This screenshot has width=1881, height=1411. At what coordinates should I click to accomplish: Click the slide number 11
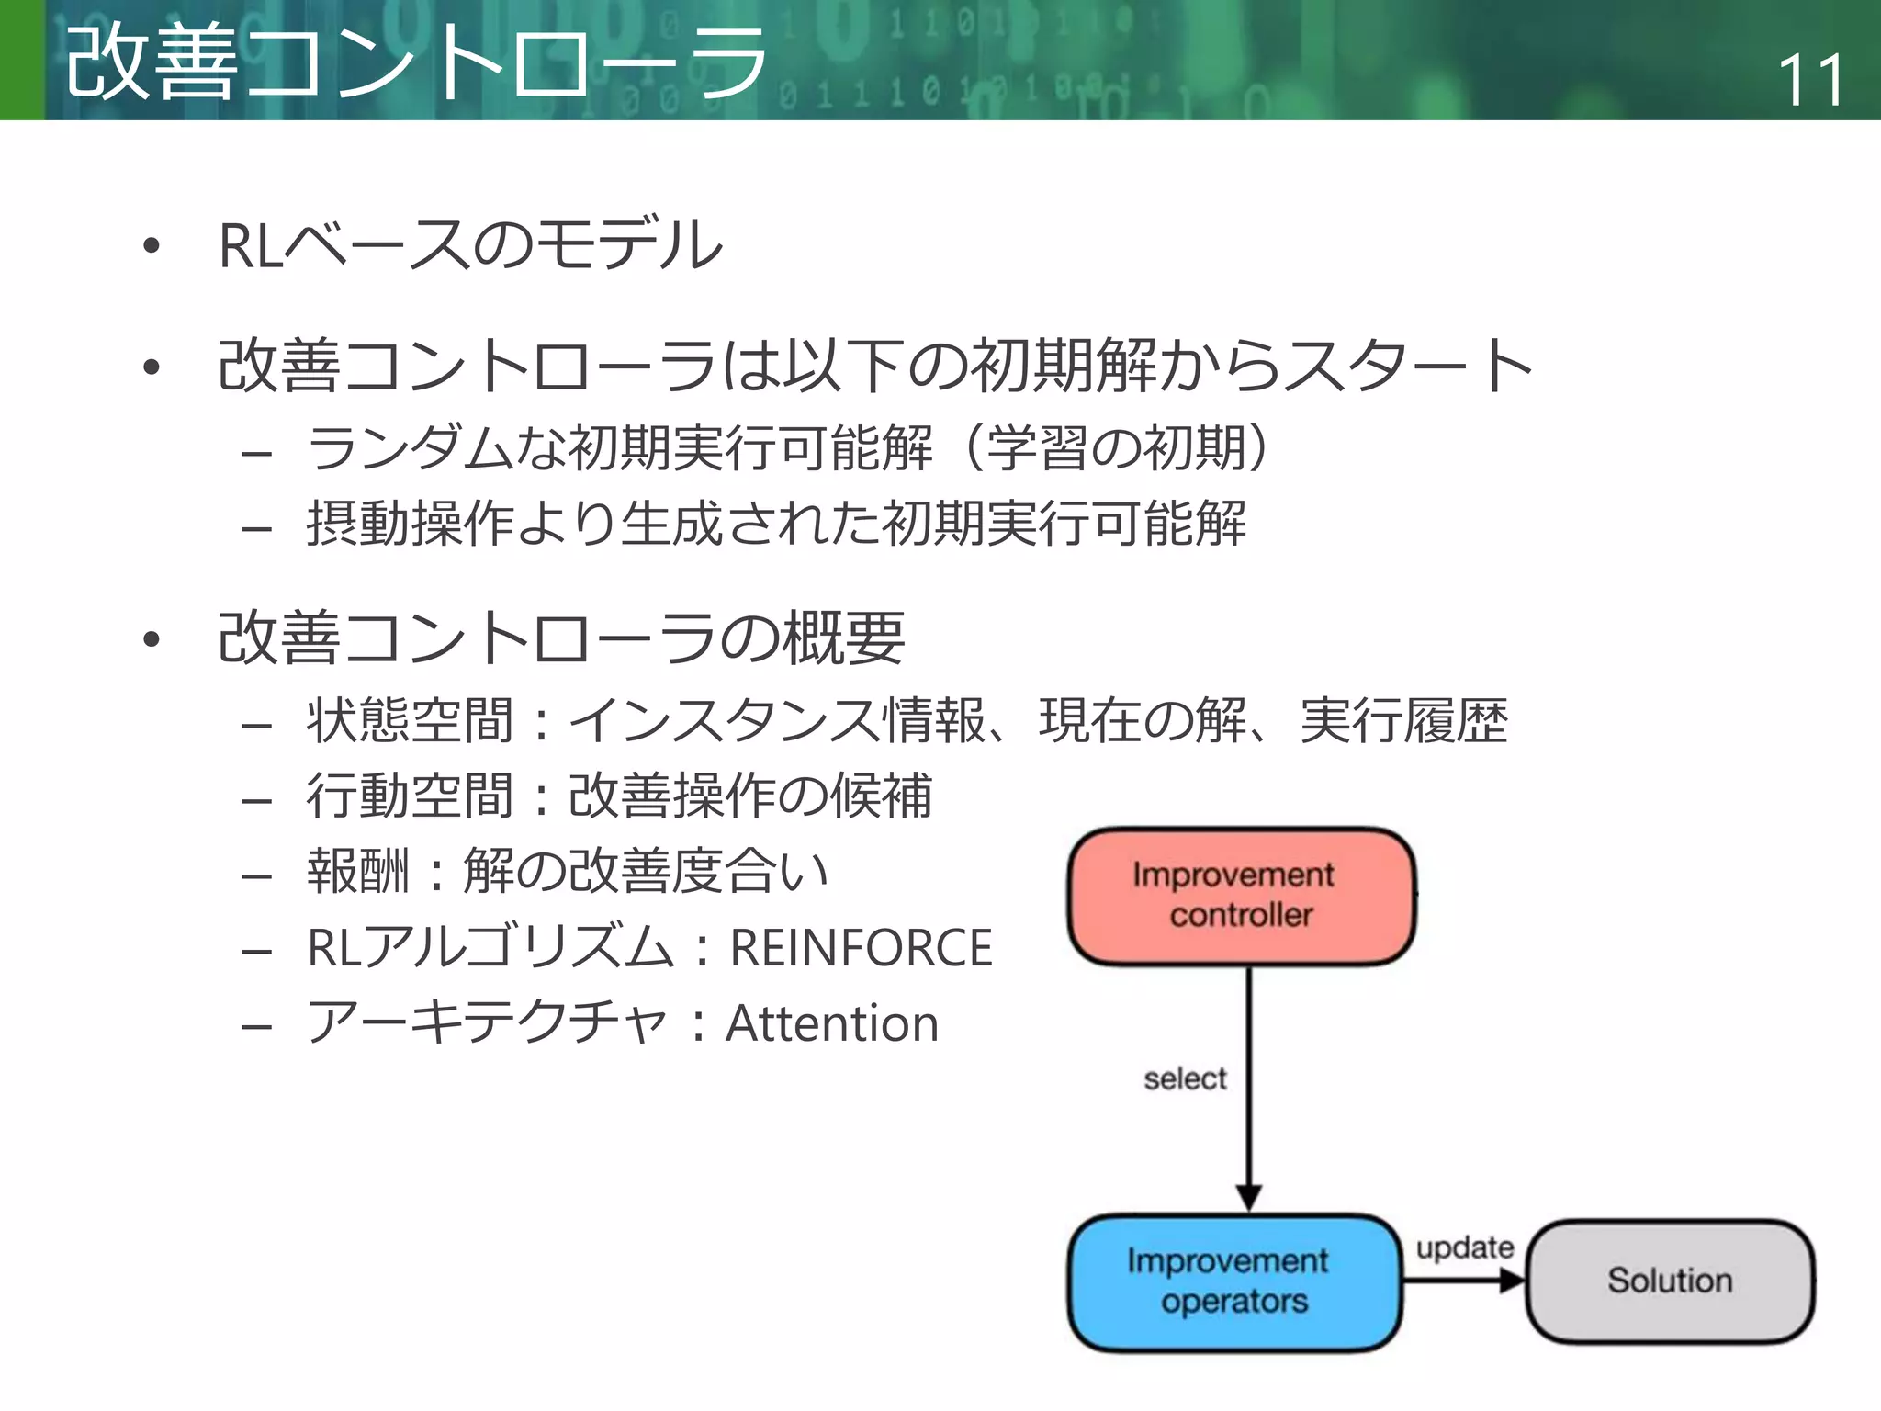click(x=1810, y=80)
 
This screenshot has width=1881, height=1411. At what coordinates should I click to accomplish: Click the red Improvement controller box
click(x=1240, y=896)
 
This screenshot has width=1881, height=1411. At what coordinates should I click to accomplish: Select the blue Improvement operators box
click(x=1233, y=1281)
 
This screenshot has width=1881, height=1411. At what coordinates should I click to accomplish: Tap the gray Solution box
click(x=1669, y=1281)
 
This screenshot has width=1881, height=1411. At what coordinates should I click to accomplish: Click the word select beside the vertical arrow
click(x=1185, y=1078)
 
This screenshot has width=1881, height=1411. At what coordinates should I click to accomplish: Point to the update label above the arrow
click(x=1464, y=1247)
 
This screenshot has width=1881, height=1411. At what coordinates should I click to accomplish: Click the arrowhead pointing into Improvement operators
click(x=1248, y=1197)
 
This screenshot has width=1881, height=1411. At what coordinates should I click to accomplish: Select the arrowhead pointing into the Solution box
click(x=1511, y=1281)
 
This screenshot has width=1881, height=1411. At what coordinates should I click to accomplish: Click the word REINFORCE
click(x=861, y=948)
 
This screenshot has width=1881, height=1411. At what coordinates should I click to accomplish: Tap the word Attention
click(x=832, y=1023)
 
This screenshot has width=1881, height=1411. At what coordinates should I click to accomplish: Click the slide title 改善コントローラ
click(x=415, y=62)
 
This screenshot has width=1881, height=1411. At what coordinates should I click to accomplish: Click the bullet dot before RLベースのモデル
click(x=152, y=246)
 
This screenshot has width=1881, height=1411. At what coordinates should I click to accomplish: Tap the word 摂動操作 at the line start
click(x=411, y=524)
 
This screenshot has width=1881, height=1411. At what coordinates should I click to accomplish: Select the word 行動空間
click(x=410, y=796)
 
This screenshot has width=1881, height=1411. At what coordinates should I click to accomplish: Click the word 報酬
click(x=358, y=871)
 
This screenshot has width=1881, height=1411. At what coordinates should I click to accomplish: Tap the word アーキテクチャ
click(x=487, y=1023)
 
